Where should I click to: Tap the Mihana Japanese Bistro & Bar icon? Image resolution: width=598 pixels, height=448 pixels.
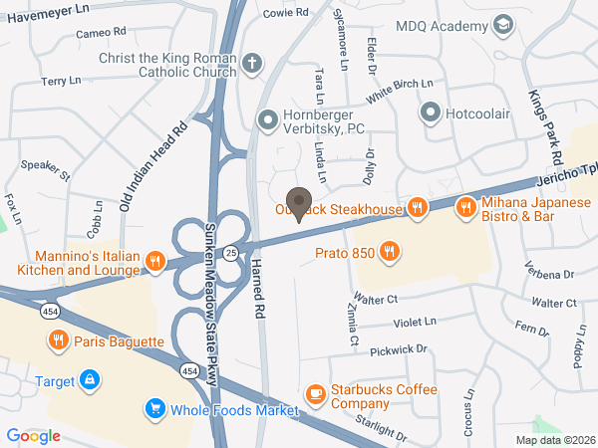pyautogui.click(x=464, y=208)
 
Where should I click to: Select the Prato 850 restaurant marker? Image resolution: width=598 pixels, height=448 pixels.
pyautogui.click(x=391, y=253)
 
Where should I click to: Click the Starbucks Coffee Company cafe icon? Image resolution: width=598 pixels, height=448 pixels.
pyautogui.click(x=316, y=395)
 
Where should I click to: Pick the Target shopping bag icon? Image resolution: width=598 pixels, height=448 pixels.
pyautogui.click(x=90, y=380)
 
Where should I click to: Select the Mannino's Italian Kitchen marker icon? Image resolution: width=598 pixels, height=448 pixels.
pyautogui.click(x=154, y=262)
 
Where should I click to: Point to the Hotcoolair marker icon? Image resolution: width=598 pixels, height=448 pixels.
pyautogui.click(x=431, y=112)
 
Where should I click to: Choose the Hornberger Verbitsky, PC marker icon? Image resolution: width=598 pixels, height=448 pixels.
pyautogui.click(x=267, y=120)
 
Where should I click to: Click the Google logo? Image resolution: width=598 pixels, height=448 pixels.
pyautogui.click(x=34, y=435)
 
